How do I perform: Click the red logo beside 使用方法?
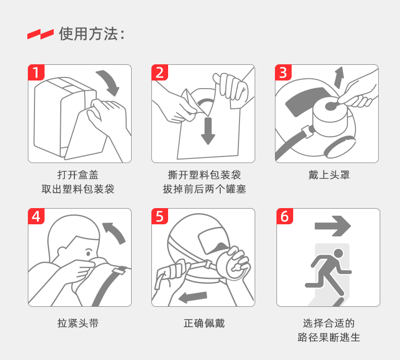click(41, 34)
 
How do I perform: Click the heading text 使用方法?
click(89, 34)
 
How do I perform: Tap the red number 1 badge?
click(36, 72)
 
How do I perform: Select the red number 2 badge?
click(159, 72)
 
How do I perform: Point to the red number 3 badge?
click(283, 72)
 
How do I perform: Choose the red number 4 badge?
click(36, 216)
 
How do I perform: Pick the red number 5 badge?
click(159, 216)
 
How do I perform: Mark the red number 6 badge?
click(285, 216)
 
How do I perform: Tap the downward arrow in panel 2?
click(208, 131)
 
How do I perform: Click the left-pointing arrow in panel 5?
click(192, 297)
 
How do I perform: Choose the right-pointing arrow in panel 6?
click(333, 226)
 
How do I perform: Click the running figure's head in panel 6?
click(338, 254)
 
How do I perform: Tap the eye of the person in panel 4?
click(89, 253)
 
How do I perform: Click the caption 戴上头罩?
click(329, 175)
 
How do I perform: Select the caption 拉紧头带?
click(78, 323)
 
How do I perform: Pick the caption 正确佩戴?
click(204, 323)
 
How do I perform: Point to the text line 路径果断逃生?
click(329, 337)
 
